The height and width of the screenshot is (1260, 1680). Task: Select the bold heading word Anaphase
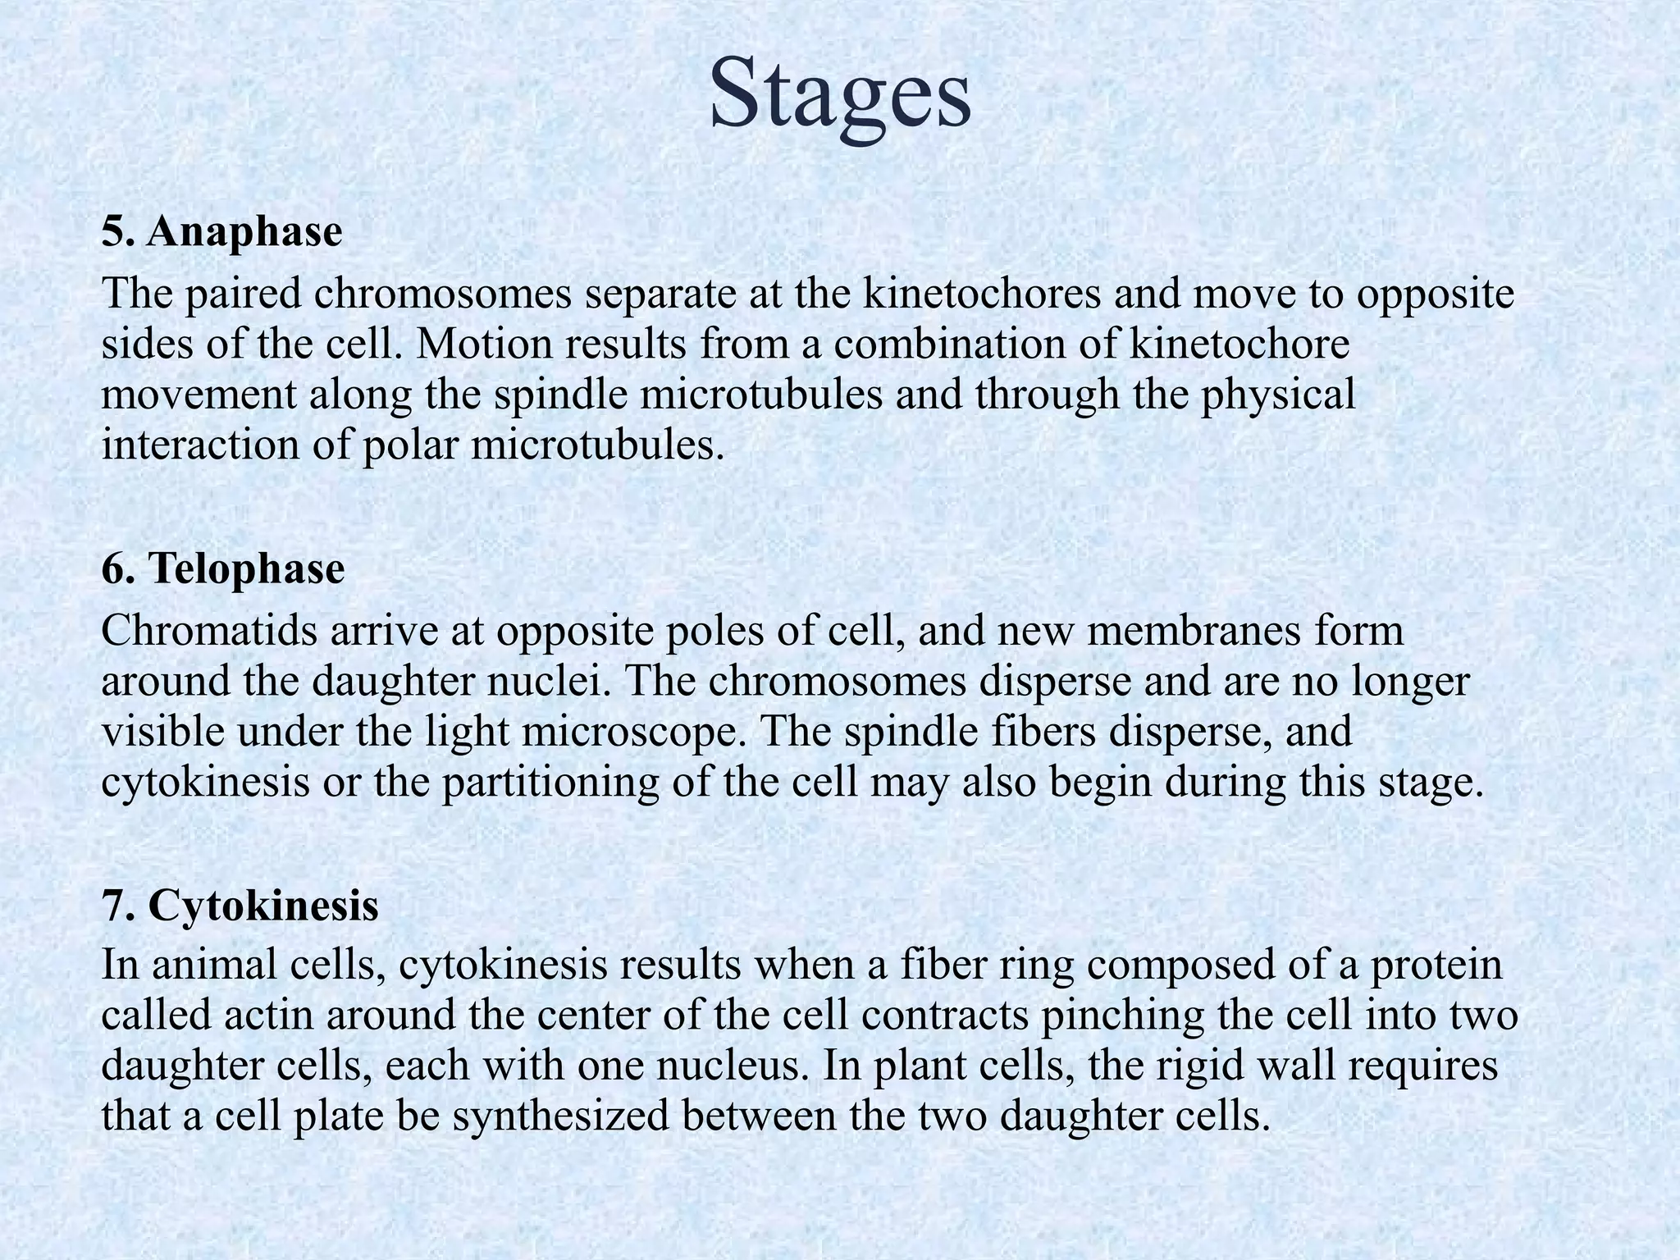click(x=244, y=233)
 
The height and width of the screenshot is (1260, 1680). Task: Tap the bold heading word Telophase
click(x=246, y=568)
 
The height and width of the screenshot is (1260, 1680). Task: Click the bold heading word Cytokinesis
click(x=263, y=906)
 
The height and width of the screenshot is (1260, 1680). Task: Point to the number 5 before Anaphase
click(x=115, y=233)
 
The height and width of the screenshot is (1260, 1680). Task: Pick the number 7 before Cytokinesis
click(x=115, y=906)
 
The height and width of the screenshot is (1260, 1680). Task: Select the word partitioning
click(x=550, y=783)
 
